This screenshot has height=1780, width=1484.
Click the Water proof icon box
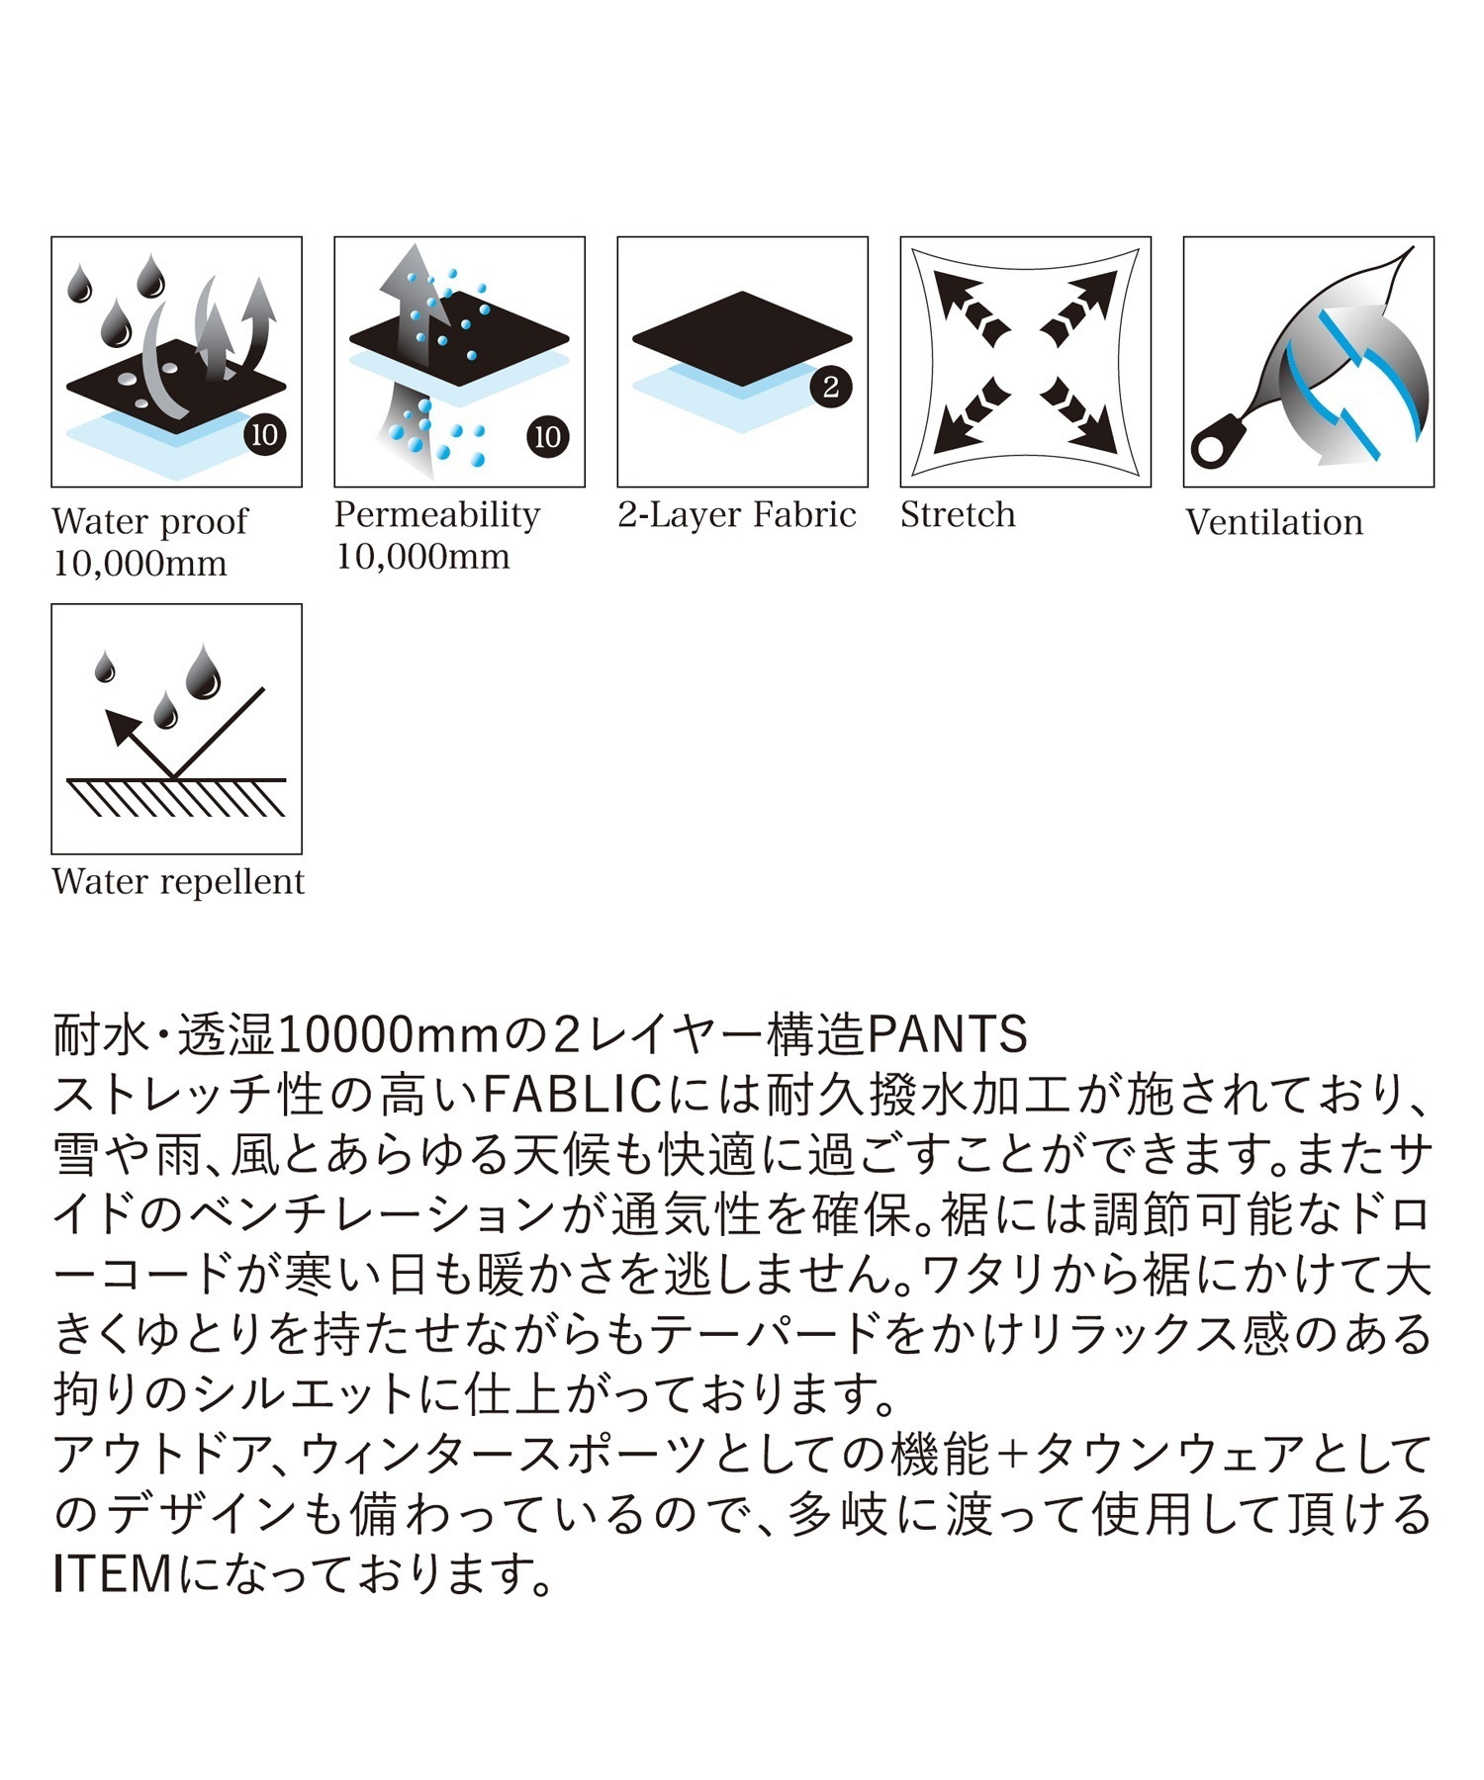(176, 361)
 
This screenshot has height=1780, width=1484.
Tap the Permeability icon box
(459, 361)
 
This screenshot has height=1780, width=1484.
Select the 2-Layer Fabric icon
(742, 361)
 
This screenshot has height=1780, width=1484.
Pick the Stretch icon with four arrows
(1025, 361)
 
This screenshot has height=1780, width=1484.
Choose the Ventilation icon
(1308, 361)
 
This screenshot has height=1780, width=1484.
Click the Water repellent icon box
(176, 729)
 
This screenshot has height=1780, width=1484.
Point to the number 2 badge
(831, 387)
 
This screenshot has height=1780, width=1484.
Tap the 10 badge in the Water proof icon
(264, 434)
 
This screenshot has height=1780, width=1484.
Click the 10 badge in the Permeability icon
(547, 436)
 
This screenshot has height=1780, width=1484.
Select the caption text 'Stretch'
(958, 514)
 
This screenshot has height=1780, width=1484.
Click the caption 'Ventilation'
(1274, 522)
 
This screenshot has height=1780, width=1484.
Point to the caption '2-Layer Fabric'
(737, 515)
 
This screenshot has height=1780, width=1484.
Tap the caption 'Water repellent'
(178, 882)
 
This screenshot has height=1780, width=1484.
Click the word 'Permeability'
(437, 515)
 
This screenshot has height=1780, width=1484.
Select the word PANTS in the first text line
(948, 1035)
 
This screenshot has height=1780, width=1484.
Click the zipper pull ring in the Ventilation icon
(1211, 448)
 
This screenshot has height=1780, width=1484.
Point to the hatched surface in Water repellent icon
(177, 797)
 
